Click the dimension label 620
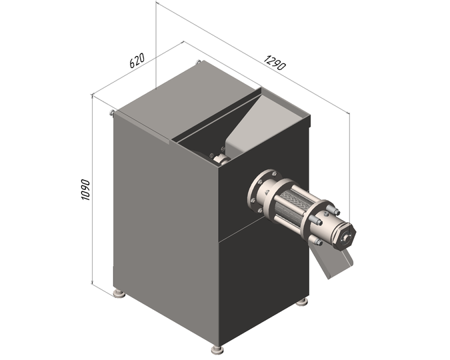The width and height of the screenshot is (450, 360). click(x=137, y=60)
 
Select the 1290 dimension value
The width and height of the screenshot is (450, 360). click(x=275, y=63)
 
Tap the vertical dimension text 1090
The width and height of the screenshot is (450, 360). click(x=85, y=190)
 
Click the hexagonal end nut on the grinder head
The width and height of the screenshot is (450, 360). click(x=345, y=236)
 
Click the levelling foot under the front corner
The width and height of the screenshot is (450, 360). click(x=217, y=349)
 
